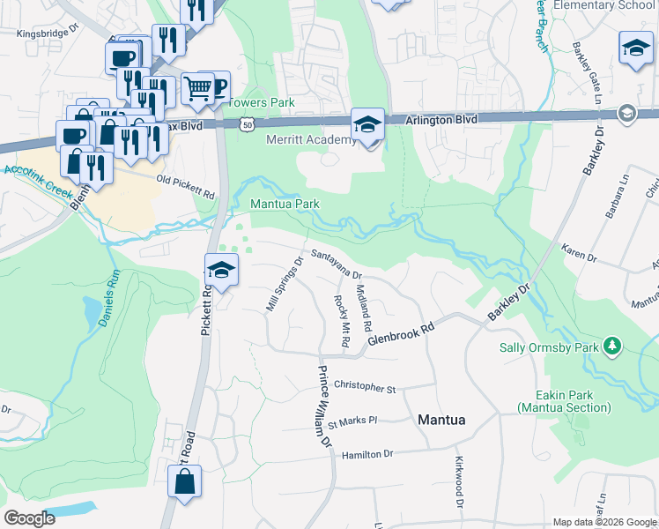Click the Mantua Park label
point(285,204)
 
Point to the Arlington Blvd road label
point(441,119)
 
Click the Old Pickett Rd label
point(185,185)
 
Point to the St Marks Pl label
point(352,423)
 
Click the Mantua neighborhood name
point(447,420)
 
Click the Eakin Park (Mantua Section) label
point(564,401)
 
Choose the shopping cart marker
point(198,88)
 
